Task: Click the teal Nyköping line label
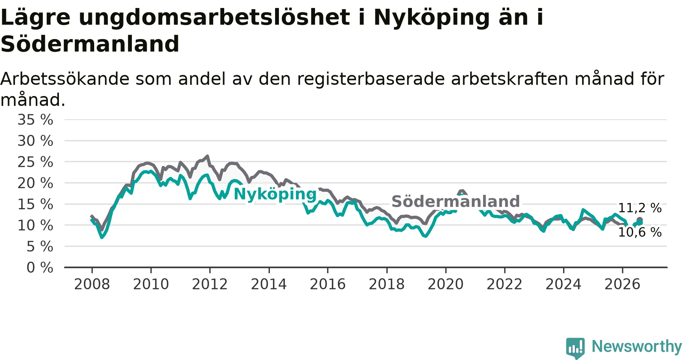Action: [x=275, y=194]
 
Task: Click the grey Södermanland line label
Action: [x=456, y=202]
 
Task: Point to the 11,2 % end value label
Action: [x=640, y=208]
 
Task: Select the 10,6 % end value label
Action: [x=640, y=232]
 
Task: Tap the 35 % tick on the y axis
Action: [x=35, y=120]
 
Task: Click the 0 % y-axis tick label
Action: [x=40, y=268]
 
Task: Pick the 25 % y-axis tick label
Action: [x=35, y=162]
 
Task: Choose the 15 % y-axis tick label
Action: [x=35, y=204]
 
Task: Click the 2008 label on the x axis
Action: [x=92, y=284]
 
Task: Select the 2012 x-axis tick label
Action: [x=210, y=284]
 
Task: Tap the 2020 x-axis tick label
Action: [x=446, y=284]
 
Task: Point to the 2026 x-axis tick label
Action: [x=622, y=284]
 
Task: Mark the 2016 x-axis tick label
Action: [x=328, y=284]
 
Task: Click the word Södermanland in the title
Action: [x=90, y=44]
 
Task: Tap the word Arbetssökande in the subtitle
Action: [x=65, y=79]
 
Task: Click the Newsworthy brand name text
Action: [x=637, y=346]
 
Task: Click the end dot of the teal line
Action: [x=640, y=223]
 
